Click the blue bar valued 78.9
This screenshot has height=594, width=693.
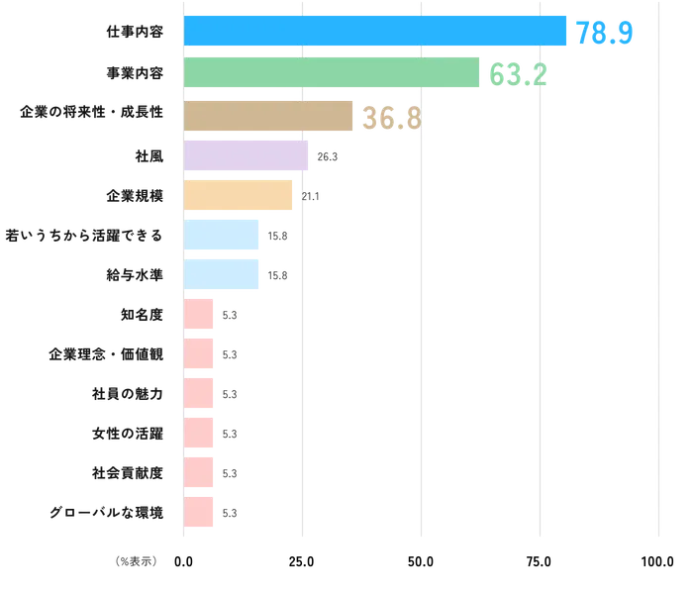click(x=376, y=31)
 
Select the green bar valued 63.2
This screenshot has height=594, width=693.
click(x=333, y=74)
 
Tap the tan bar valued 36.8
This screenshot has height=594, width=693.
click(x=269, y=116)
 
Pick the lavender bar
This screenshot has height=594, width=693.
click(x=247, y=155)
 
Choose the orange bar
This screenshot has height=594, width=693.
click(x=239, y=195)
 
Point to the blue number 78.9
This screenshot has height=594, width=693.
click(x=603, y=33)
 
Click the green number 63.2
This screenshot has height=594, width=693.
click(x=518, y=74)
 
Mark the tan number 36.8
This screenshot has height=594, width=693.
click(x=391, y=119)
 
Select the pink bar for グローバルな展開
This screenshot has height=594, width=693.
click(x=199, y=512)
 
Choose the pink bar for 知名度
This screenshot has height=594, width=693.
click(x=199, y=314)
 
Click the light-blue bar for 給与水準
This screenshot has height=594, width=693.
click(x=223, y=274)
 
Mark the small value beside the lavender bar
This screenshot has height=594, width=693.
click(x=326, y=157)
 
